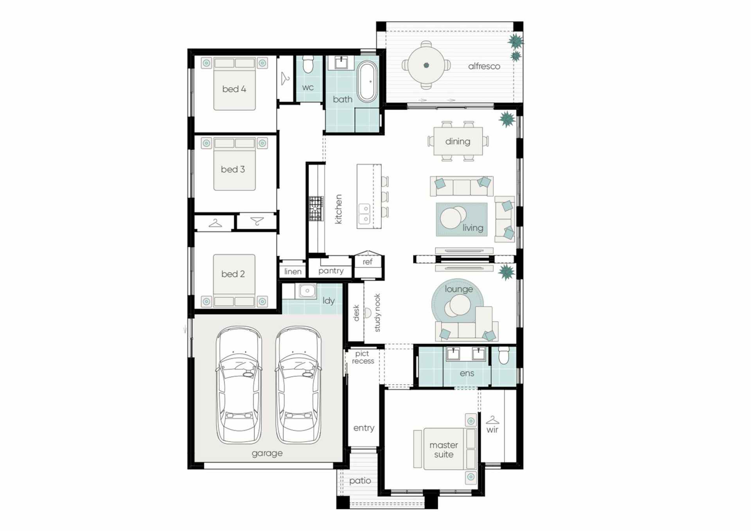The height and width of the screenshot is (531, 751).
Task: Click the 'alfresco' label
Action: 484,66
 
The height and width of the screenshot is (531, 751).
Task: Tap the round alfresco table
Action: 426,65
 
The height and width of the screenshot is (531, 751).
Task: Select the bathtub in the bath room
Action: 367,82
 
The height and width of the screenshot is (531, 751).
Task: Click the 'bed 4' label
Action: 234,89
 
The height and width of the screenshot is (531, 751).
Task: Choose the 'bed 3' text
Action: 233,169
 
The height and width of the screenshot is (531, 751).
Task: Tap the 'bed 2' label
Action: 233,274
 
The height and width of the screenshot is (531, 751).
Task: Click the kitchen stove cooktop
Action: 316,208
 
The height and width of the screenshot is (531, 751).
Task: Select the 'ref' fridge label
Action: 367,262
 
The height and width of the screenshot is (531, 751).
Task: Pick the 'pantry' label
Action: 331,271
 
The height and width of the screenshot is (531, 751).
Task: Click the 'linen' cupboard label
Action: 293,271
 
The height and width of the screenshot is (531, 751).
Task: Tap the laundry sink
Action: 307,291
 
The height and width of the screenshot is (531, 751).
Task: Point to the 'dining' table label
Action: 458,141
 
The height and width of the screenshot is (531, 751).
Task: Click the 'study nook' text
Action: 377,313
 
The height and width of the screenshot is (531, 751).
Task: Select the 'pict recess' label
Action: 363,357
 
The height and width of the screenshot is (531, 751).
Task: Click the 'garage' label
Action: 267,453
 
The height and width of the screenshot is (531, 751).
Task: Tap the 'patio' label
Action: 360,481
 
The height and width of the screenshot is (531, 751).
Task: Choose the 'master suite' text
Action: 444,450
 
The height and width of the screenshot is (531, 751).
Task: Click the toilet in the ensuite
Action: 504,355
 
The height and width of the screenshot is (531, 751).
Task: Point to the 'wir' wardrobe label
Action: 492,430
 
